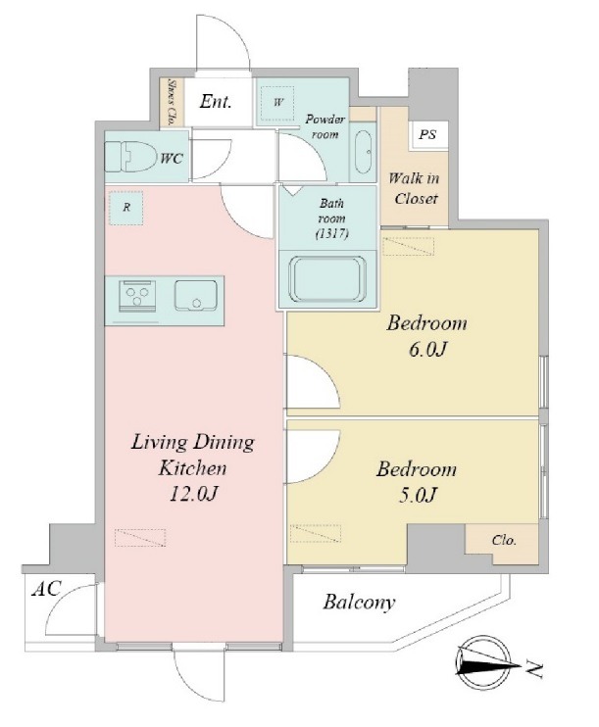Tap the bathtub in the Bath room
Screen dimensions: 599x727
(x=327, y=279)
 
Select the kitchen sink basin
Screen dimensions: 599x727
(x=195, y=295)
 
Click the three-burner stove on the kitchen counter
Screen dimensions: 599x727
(x=137, y=295)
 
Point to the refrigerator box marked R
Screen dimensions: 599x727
(x=126, y=208)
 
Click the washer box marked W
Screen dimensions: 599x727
(x=277, y=103)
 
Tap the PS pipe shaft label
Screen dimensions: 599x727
(x=427, y=134)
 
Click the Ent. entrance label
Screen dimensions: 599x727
(x=216, y=101)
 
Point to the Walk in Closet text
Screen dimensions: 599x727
(x=414, y=188)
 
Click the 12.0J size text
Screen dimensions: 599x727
(x=192, y=495)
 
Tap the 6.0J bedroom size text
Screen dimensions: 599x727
(x=426, y=349)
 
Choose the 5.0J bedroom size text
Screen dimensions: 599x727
(x=417, y=495)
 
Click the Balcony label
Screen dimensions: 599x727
(x=359, y=602)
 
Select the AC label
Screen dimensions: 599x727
(x=46, y=589)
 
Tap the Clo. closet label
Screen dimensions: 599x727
(x=504, y=540)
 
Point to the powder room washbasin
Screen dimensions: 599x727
(x=364, y=152)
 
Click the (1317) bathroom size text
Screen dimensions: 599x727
(x=331, y=233)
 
